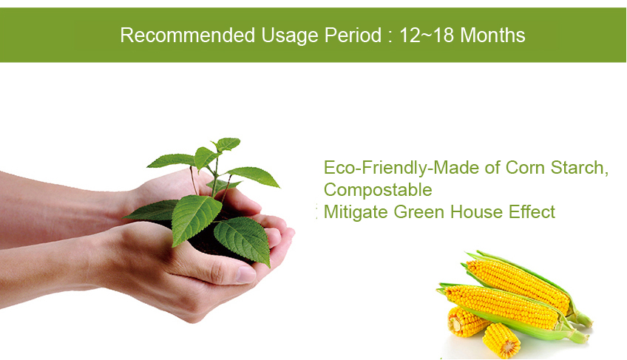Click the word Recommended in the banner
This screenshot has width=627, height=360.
coord(188,35)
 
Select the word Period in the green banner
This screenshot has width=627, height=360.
coord(353,35)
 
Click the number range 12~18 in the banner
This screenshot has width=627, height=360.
coord(427,35)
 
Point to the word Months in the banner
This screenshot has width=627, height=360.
coord(492,35)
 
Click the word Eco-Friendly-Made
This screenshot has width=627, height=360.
coord(401,168)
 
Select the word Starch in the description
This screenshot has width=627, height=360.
coord(580,168)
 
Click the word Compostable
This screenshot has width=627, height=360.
coord(378,190)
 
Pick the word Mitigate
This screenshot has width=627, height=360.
coord(356,212)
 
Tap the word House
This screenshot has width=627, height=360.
coord(476,212)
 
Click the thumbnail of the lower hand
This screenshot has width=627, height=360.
coord(245,274)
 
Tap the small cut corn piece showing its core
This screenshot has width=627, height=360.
coord(501,340)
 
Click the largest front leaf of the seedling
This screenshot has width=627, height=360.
coord(196,218)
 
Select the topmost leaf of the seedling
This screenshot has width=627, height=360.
coord(227,143)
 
